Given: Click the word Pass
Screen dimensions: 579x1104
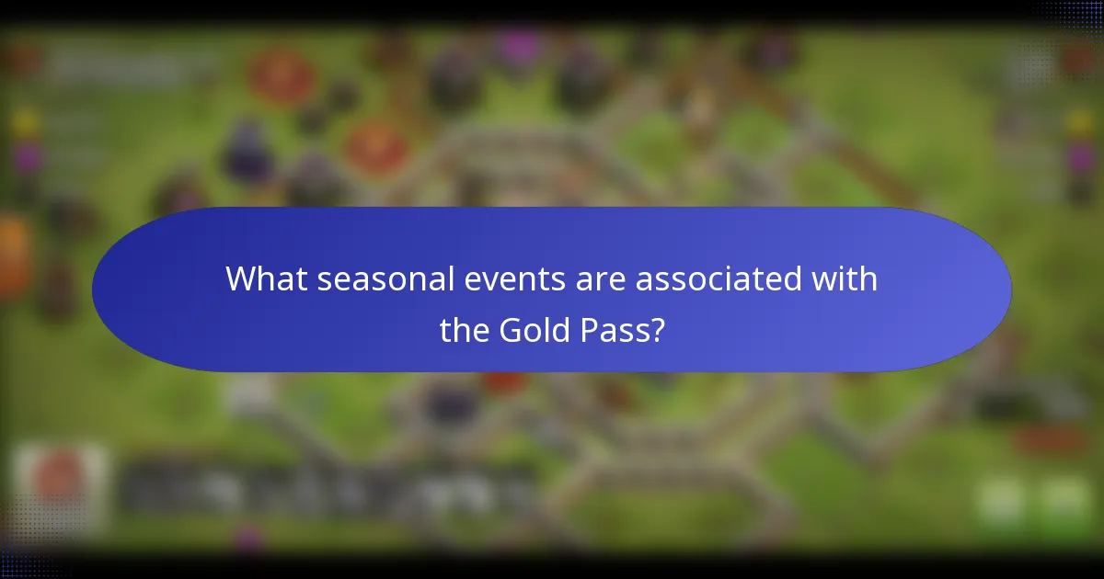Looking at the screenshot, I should click(x=619, y=328).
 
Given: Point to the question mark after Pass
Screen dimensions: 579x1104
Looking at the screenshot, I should click(x=658, y=328).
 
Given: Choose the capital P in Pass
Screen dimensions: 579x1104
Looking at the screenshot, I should click(x=596, y=328).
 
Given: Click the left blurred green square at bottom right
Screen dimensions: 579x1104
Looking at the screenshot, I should click(x=1001, y=501).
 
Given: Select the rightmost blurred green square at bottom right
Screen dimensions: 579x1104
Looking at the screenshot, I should click(x=1064, y=501).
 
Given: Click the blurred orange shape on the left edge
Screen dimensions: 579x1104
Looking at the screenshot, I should click(x=13, y=257).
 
